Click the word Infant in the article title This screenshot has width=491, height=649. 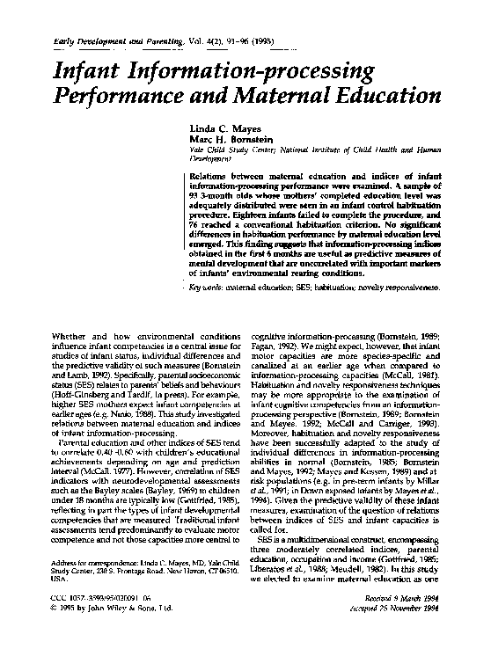[88, 69]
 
